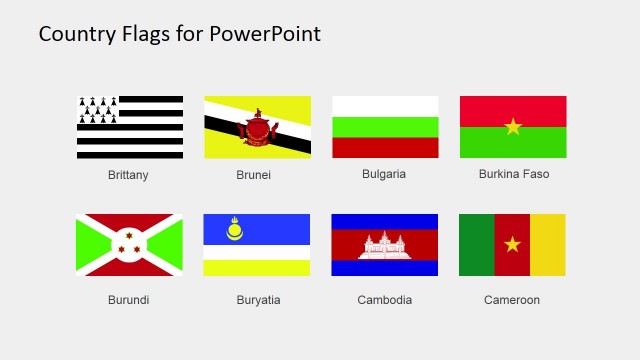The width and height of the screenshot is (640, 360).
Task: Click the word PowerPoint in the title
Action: (x=266, y=34)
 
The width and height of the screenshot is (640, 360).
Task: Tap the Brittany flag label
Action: (x=128, y=175)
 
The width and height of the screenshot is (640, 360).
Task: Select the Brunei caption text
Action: (x=254, y=175)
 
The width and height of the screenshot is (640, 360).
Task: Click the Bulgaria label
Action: (x=384, y=174)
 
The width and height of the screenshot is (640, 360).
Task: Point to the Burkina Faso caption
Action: (x=514, y=174)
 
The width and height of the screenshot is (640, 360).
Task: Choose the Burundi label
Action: (x=128, y=300)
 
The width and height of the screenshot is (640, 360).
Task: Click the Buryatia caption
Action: (x=258, y=300)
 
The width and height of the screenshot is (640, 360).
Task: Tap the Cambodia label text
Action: (x=384, y=300)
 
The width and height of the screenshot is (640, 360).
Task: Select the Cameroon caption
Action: (x=512, y=300)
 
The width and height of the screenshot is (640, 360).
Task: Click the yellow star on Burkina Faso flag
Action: (x=513, y=126)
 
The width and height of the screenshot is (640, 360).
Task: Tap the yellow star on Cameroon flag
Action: (x=512, y=244)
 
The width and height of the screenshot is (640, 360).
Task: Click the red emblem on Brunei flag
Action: (x=257, y=129)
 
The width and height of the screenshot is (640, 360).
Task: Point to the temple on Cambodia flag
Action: (x=385, y=245)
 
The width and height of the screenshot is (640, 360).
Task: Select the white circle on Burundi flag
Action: (x=129, y=244)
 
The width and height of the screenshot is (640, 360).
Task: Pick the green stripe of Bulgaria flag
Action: (x=385, y=127)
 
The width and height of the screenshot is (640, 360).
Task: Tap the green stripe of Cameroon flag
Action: (x=476, y=244)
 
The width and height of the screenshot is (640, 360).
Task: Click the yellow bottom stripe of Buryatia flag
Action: (x=257, y=268)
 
